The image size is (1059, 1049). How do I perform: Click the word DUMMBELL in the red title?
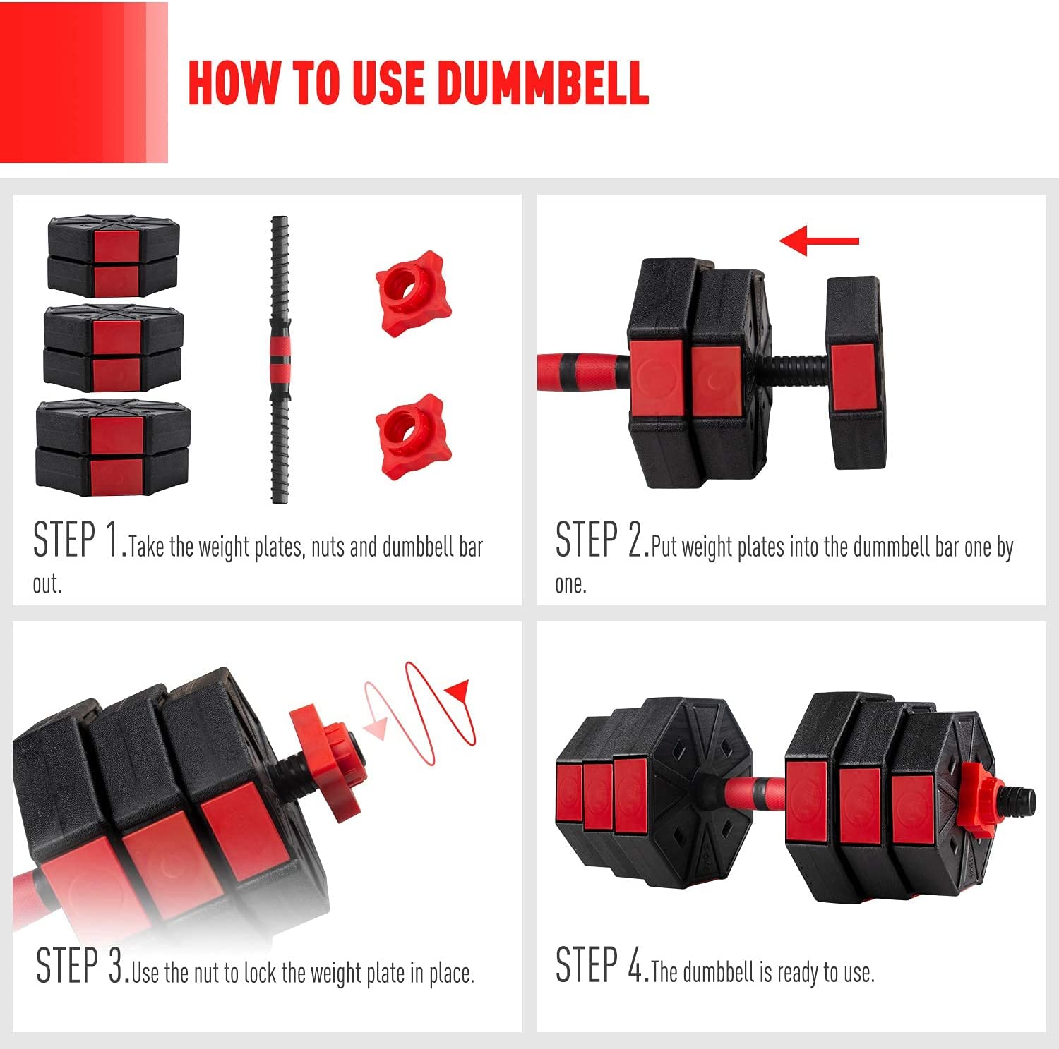(543, 83)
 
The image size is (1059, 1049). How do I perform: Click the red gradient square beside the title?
(84, 82)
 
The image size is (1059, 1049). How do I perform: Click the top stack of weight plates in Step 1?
(114, 257)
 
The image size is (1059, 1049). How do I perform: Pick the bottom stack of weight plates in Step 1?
(113, 449)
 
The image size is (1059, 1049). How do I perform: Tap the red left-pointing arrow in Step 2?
(819, 241)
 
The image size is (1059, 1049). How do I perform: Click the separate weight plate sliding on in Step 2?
(856, 373)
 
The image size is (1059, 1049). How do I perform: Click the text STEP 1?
(80, 540)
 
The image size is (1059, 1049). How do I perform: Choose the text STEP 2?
(602, 540)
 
